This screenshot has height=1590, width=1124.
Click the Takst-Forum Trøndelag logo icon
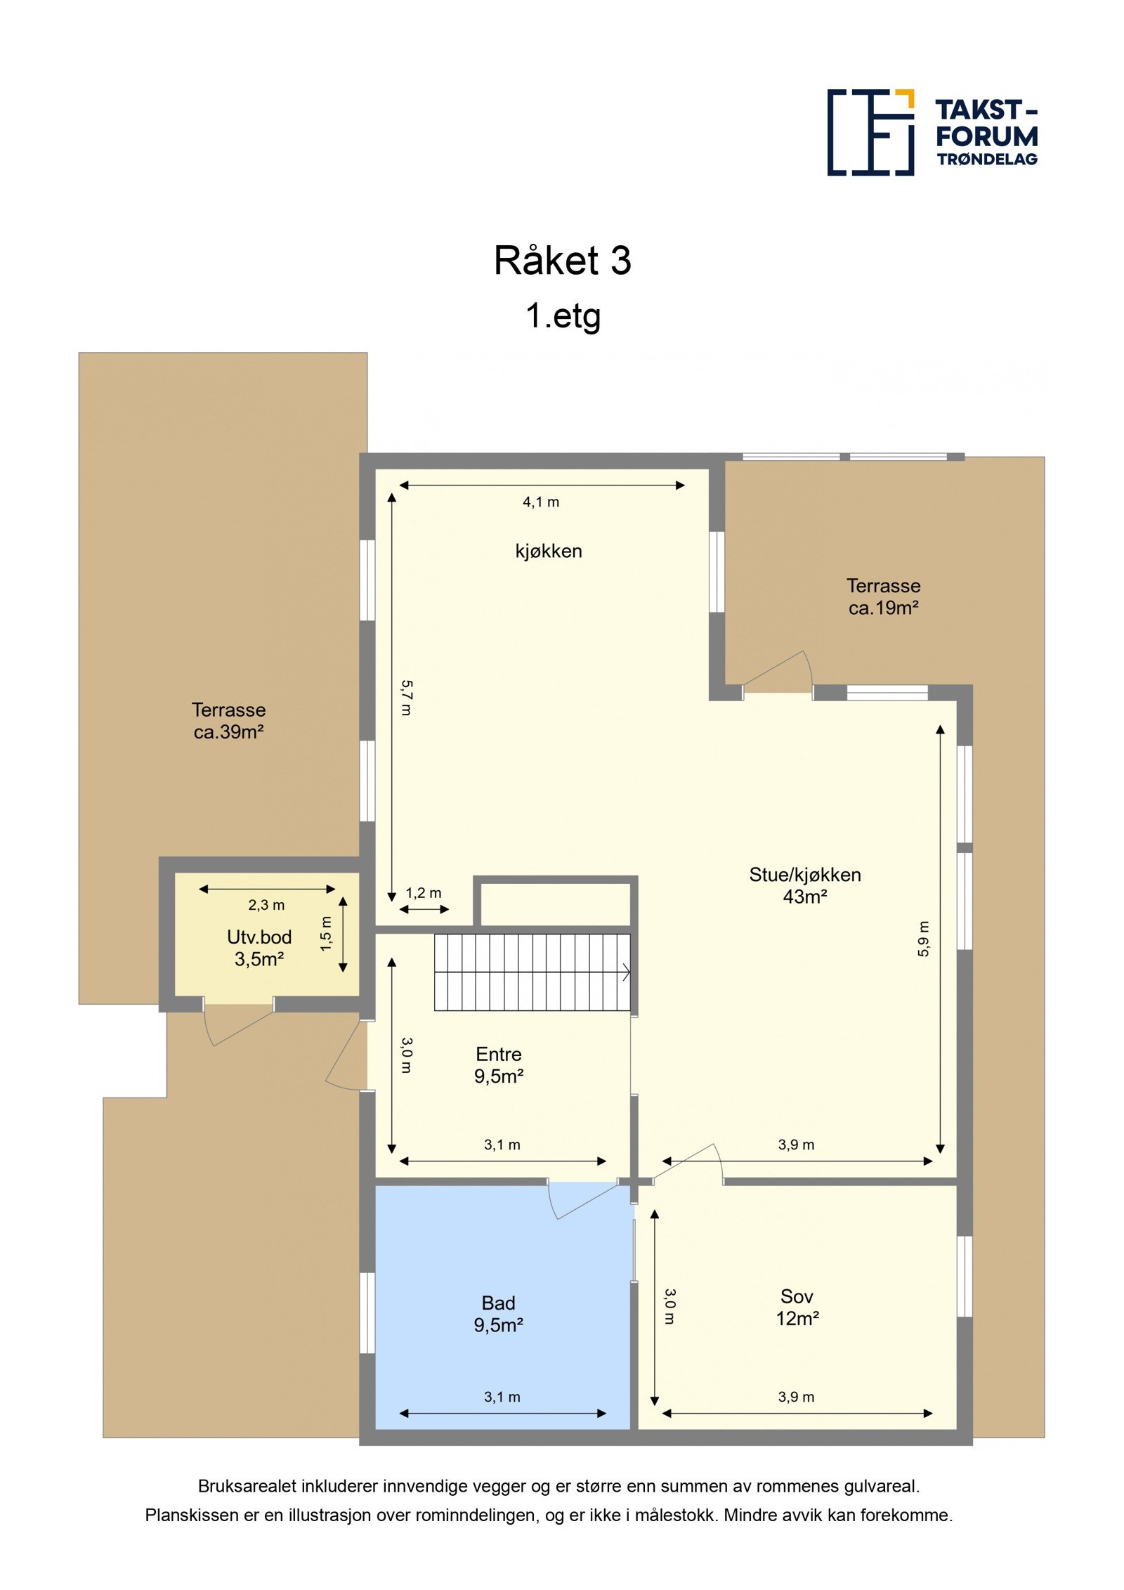[x=870, y=132]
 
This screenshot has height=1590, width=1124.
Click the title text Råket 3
[x=562, y=261]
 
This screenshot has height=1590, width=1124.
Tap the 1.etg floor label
[x=563, y=315]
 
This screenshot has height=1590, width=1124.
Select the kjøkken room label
[x=548, y=551]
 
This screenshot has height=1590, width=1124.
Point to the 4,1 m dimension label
[x=540, y=502]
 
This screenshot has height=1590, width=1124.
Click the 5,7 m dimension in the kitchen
[x=406, y=697]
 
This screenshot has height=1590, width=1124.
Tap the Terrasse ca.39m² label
[x=228, y=720]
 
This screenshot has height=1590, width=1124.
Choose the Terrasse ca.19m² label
[x=883, y=597]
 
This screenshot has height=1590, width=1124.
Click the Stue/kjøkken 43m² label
[x=804, y=885]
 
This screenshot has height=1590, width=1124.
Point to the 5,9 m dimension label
[x=923, y=939]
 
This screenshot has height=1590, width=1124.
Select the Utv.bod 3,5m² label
[x=259, y=948]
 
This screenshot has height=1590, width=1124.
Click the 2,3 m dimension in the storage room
[x=266, y=905]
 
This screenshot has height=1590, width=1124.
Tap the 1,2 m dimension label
[x=424, y=893]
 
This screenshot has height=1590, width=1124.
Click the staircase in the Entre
[x=532, y=972]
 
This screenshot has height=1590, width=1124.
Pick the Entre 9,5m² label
[x=499, y=1064]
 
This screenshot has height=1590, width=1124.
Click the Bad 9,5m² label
[x=498, y=1314]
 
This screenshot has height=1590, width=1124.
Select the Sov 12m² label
[x=797, y=1307]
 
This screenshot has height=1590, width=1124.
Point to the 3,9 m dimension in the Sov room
[x=796, y=1397]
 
